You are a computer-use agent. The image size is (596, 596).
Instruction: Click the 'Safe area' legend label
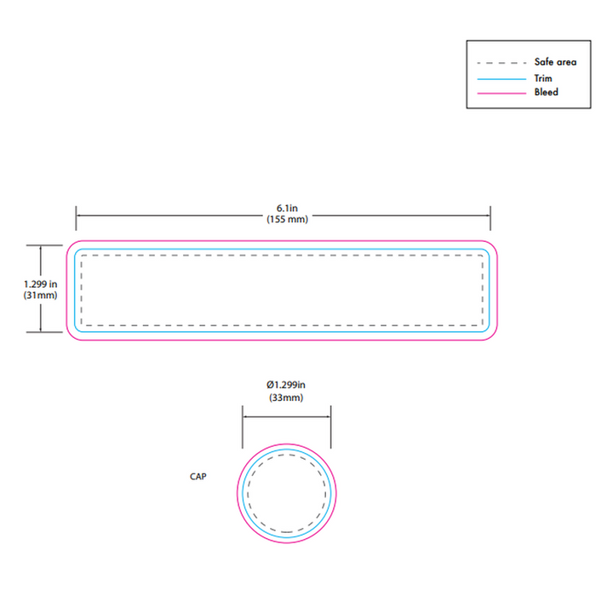[555, 61]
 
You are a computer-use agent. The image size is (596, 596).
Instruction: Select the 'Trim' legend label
[543, 78]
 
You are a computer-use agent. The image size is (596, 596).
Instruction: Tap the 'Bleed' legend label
[547, 92]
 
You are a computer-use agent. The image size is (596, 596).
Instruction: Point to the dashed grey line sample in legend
[501, 63]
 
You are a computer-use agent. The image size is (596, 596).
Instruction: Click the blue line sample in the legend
[501, 79]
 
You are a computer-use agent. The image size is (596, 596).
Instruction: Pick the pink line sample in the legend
[501, 93]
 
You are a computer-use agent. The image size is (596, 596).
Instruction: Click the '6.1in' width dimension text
[287, 209]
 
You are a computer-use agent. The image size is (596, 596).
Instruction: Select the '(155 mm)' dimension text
[287, 220]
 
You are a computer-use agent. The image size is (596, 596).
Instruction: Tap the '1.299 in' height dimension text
[40, 284]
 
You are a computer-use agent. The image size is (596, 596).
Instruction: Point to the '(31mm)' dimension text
[40, 295]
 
